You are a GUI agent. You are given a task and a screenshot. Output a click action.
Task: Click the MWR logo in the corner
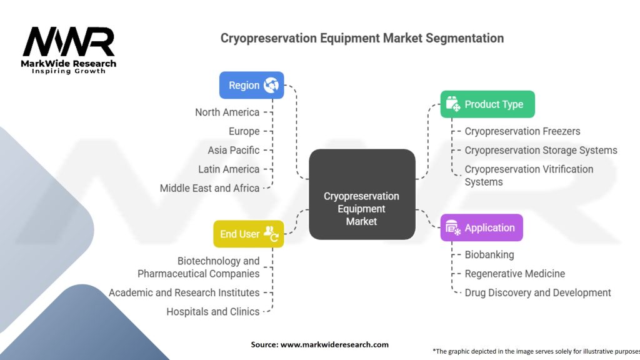tap(69, 49)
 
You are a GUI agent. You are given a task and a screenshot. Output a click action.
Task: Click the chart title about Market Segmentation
tap(362, 38)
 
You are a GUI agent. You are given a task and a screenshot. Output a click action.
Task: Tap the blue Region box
tap(251, 85)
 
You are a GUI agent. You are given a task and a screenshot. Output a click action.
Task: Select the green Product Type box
tap(487, 104)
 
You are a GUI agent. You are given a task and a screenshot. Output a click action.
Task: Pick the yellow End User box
tap(248, 234)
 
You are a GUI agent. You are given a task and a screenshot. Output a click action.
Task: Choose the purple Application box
tap(481, 228)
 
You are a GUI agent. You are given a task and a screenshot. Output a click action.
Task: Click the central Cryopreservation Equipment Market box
tap(361, 208)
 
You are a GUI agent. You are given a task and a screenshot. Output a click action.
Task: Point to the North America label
tap(227, 112)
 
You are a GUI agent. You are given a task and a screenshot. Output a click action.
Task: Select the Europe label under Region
tap(244, 131)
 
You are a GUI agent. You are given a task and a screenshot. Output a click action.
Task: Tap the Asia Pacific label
tap(233, 150)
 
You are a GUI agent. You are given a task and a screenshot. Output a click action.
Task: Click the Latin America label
tap(229, 169)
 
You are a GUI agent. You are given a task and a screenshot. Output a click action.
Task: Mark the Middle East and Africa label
tap(209, 187)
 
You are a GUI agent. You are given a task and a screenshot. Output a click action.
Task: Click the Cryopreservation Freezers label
tap(522, 131)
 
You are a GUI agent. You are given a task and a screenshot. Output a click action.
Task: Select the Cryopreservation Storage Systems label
tap(541, 150)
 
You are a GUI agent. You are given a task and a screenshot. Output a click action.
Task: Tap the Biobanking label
tap(489, 254)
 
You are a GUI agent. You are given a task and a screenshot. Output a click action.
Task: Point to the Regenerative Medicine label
tap(514, 273)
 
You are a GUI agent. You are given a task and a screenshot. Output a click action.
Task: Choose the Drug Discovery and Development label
tap(537, 292)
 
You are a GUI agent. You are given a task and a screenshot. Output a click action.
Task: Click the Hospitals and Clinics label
tap(212, 311)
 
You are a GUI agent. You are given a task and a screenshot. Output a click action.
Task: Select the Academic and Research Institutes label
tap(184, 292)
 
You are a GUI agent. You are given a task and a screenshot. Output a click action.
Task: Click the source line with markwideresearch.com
tap(319, 344)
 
